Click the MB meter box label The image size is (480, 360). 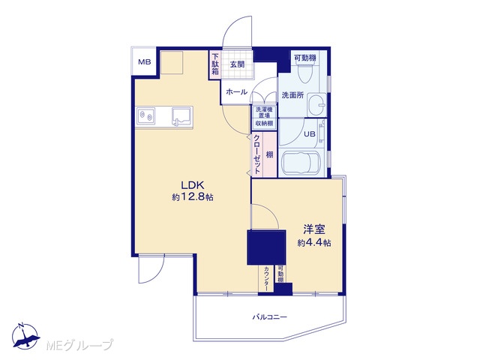(145, 62)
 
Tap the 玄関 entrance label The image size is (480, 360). (237, 64)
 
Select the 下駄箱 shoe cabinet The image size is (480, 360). (215, 64)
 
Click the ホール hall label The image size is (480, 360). (237, 91)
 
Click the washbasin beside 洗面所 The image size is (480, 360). (317, 105)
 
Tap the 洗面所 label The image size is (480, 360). (292, 95)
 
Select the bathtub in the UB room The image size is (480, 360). (301, 163)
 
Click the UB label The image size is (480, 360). (310, 134)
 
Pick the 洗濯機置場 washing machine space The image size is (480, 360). (264, 112)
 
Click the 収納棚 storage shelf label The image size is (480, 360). (264, 124)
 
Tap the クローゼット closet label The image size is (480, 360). (257, 154)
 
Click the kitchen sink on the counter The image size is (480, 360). (181, 117)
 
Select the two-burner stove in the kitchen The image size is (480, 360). (145, 116)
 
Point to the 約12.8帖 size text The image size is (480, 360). (193, 197)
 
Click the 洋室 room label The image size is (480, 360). (314, 229)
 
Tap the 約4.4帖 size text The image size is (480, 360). (314, 243)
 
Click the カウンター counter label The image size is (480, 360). (267, 279)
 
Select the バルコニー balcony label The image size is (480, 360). (270, 316)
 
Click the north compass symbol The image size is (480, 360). (26, 336)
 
